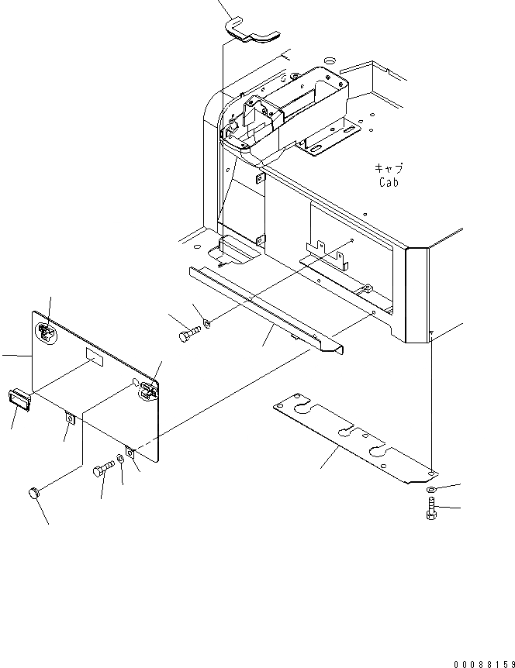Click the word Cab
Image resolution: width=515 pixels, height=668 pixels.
(x=389, y=183)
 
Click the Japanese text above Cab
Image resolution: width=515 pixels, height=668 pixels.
(x=389, y=168)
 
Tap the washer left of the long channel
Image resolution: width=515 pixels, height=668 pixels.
(x=207, y=324)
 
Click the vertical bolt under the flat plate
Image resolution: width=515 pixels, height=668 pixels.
(x=432, y=512)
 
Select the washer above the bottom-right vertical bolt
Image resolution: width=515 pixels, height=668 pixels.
(x=431, y=490)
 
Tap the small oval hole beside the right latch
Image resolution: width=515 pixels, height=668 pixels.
(x=137, y=383)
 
